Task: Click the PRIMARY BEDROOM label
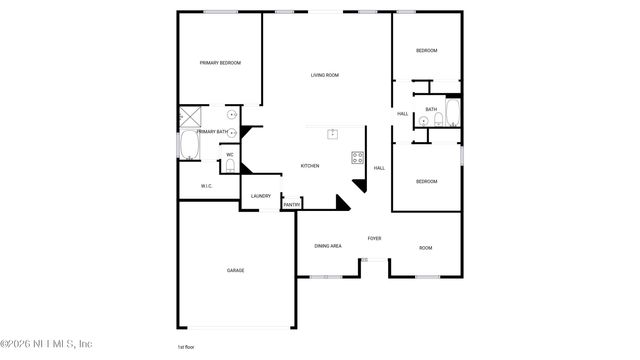(x=220, y=63)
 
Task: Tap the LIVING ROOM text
(x=324, y=75)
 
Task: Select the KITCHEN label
(x=310, y=166)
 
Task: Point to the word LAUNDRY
(x=261, y=196)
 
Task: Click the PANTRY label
(x=291, y=205)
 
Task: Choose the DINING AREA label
(x=328, y=246)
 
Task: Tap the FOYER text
(x=374, y=239)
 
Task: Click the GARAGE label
(x=235, y=270)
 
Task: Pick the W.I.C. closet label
(x=206, y=186)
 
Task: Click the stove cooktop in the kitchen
(x=357, y=157)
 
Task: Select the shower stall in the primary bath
(x=191, y=117)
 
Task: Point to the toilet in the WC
(x=229, y=168)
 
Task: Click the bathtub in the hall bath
(x=452, y=112)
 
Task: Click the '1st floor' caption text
(x=186, y=347)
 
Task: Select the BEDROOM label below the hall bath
(x=427, y=181)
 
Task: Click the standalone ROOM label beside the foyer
(x=425, y=248)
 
